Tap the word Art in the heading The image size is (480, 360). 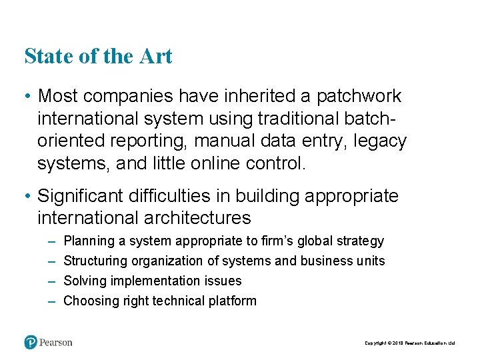tap(155, 56)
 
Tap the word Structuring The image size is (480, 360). tap(95, 261)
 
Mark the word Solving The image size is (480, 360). tap(83, 281)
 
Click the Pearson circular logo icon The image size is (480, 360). tap(31, 342)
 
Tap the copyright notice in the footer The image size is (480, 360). tap(409, 343)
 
